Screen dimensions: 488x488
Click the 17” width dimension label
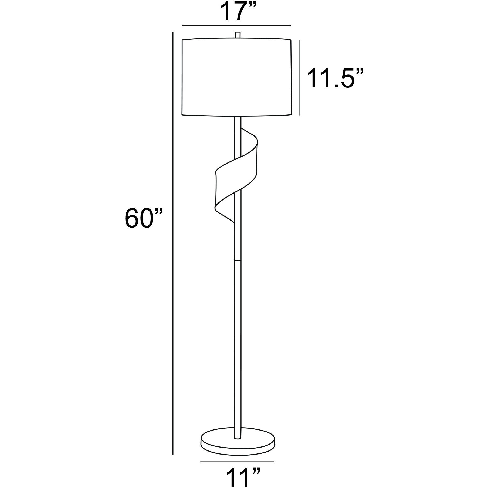pyautogui.click(x=236, y=12)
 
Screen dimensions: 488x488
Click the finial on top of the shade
pyautogui.click(x=238, y=35)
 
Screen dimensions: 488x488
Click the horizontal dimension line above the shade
pyautogui.click(x=236, y=26)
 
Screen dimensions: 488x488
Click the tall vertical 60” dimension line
pyautogui.click(x=172, y=243)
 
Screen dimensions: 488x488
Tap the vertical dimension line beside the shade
pyautogui.click(x=300, y=78)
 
